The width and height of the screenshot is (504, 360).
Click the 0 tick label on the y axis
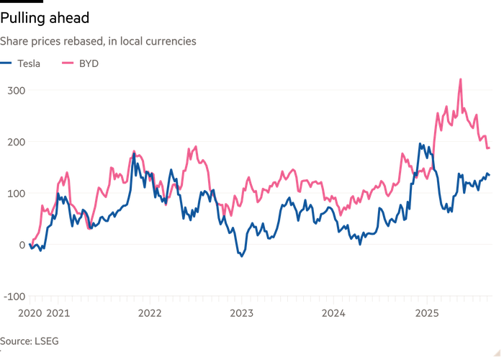point(22,245)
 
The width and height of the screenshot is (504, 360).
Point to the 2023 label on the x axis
point(241,313)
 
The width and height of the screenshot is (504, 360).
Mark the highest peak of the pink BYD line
point(460,80)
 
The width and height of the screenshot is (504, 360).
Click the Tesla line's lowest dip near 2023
point(241,255)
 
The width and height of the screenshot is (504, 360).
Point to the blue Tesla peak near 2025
point(421,145)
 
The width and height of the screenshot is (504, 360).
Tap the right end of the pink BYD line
point(490,148)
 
